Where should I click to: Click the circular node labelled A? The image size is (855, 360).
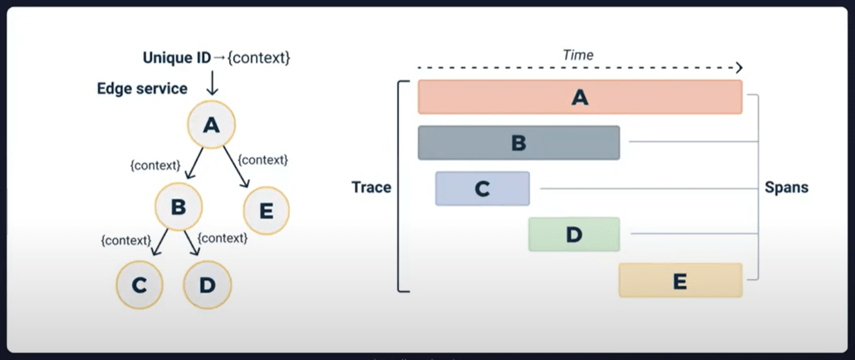[x=211, y=124]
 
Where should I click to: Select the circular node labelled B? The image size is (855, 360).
[x=178, y=207]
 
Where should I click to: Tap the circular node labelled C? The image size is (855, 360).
[x=139, y=285]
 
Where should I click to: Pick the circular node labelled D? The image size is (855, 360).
[x=207, y=285]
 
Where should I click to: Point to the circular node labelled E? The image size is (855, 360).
[x=266, y=211]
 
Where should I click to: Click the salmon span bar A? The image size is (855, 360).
[x=580, y=97]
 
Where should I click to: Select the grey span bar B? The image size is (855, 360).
[x=519, y=143]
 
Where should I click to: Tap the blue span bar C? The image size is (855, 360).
[x=482, y=189]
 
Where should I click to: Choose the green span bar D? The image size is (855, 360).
[x=574, y=234]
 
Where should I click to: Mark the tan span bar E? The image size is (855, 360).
[x=681, y=280]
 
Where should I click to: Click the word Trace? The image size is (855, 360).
[x=371, y=187]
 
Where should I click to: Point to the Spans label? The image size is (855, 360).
[x=786, y=187]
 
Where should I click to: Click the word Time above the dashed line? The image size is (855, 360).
[x=578, y=55]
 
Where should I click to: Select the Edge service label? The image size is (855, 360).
[x=142, y=89]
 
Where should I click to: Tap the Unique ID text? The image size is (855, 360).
[x=176, y=58]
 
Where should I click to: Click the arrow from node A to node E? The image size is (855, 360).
[x=236, y=167]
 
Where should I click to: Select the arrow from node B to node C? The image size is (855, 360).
[x=160, y=242]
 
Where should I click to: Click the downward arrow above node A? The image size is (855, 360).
[x=212, y=83]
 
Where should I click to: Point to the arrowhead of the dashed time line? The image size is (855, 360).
[x=739, y=68]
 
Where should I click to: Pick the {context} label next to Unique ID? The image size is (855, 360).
[x=259, y=58]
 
